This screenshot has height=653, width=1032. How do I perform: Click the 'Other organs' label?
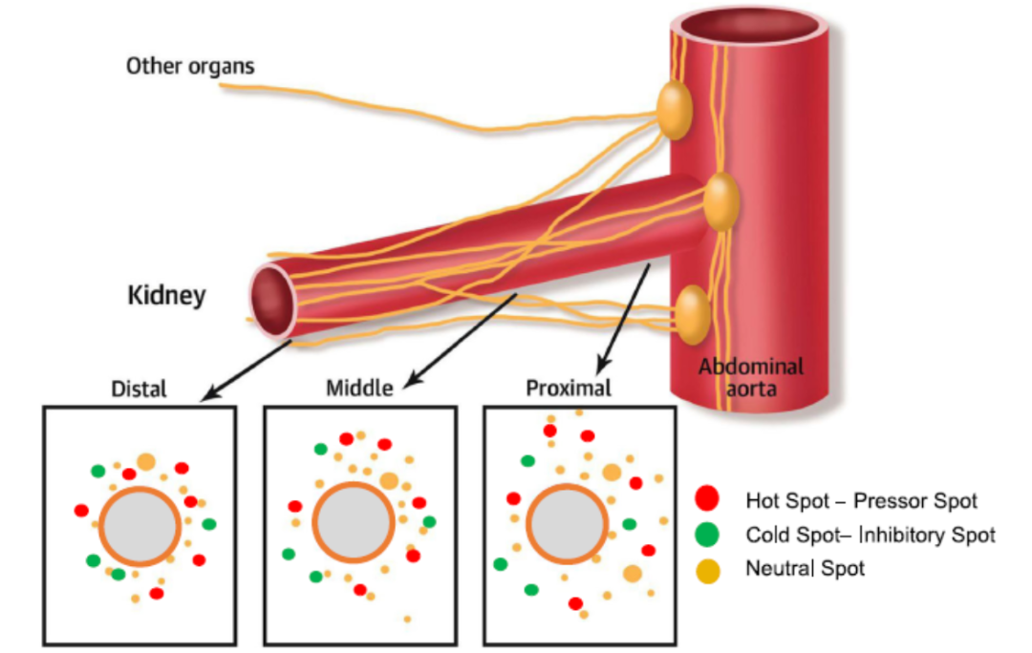coord(191,67)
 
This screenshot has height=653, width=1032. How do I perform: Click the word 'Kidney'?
coord(166,296)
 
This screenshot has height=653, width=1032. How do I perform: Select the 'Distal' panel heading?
coord(139,389)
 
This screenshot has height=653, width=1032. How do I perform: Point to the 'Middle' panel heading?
coord(359,389)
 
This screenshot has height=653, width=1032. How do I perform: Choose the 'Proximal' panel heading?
coord(569,389)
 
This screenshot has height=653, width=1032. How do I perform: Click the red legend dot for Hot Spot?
coord(707,498)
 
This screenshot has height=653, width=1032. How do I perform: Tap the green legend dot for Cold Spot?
coord(707,534)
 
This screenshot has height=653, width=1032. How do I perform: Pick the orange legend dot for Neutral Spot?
coord(707,570)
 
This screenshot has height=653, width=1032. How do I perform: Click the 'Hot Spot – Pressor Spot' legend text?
coord(861,499)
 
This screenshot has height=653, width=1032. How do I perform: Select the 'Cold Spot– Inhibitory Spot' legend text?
coord(870,535)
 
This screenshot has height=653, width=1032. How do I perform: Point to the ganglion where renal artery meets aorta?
coord(721,200)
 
